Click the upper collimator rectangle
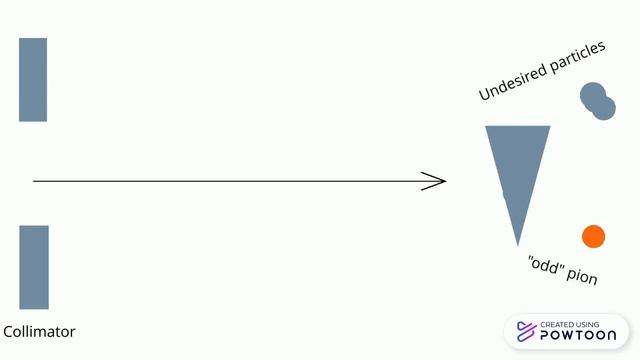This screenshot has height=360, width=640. (33, 80)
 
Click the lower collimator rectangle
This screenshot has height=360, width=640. (34, 267)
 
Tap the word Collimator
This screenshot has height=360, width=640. (39, 331)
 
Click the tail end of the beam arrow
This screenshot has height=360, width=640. (33, 181)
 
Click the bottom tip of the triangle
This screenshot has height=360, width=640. (518, 246)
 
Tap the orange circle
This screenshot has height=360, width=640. (593, 236)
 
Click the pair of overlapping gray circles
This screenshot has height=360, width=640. (598, 101)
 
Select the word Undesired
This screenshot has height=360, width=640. (513, 81)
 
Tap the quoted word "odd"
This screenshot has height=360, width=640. (545, 264)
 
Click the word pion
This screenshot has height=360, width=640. (582, 276)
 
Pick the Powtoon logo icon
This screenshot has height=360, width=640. (526, 331)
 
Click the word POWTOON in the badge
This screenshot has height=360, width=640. (578, 336)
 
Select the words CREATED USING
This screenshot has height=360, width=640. (569, 324)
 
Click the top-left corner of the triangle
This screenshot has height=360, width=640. (485, 126)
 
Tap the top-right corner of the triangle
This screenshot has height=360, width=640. (550, 126)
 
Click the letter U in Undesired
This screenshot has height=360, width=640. (484, 94)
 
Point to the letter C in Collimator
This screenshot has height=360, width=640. (7, 331)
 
